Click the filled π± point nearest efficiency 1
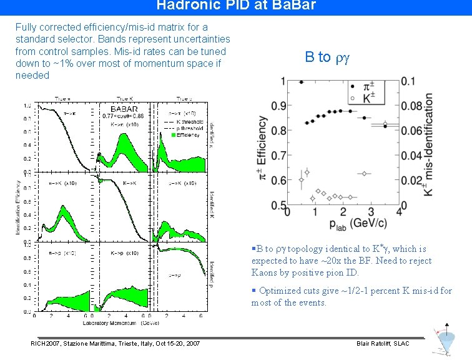pos(302,82)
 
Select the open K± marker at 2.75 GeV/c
pos(364,173)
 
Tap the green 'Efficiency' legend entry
pos(186,135)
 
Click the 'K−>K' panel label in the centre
pos(130,184)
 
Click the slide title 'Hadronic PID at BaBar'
pos(236,6)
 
